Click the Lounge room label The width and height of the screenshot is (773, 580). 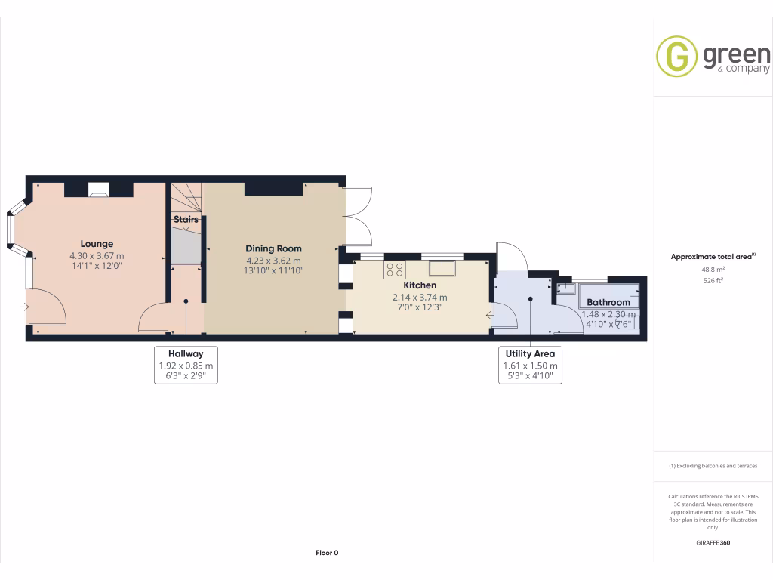pyautogui.click(x=97, y=244)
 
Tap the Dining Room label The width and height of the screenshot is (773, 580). pyautogui.click(x=273, y=248)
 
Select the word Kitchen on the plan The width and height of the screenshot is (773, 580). pyautogui.click(x=420, y=286)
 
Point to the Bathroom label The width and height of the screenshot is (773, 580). pyautogui.click(x=608, y=302)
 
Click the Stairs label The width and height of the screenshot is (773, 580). pyautogui.click(x=186, y=220)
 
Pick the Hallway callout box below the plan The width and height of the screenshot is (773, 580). pyautogui.click(x=186, y=365)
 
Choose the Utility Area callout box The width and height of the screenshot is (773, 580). pyautogui.click(x=530, y=365)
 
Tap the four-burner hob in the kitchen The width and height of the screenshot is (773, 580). pyautogui.click(x=395, y=269)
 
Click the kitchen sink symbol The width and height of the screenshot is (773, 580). pyautogui.click(x=442, y=268)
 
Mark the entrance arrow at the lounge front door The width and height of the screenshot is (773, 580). pyautogui.click(x=26, y=307)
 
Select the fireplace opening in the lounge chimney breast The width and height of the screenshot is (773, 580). pyautogui.click(x=99, y=190)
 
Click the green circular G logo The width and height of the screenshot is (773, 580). pyautogui.click(x=676, y=57)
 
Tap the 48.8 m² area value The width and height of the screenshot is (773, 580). pyautogui.click(x=713, y=270)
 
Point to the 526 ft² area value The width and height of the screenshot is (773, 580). pyautogui.click(x=713, y=280)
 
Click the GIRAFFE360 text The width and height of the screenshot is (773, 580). pyautogui.click(x=713, y=542)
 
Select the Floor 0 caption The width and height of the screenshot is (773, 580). pyautogui.click(x=327, y=553)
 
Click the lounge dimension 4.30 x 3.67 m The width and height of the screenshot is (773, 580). pyautogui.click(x=97, y=255)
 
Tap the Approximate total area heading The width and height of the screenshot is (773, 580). pyautogui.click(x=713, y=257)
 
